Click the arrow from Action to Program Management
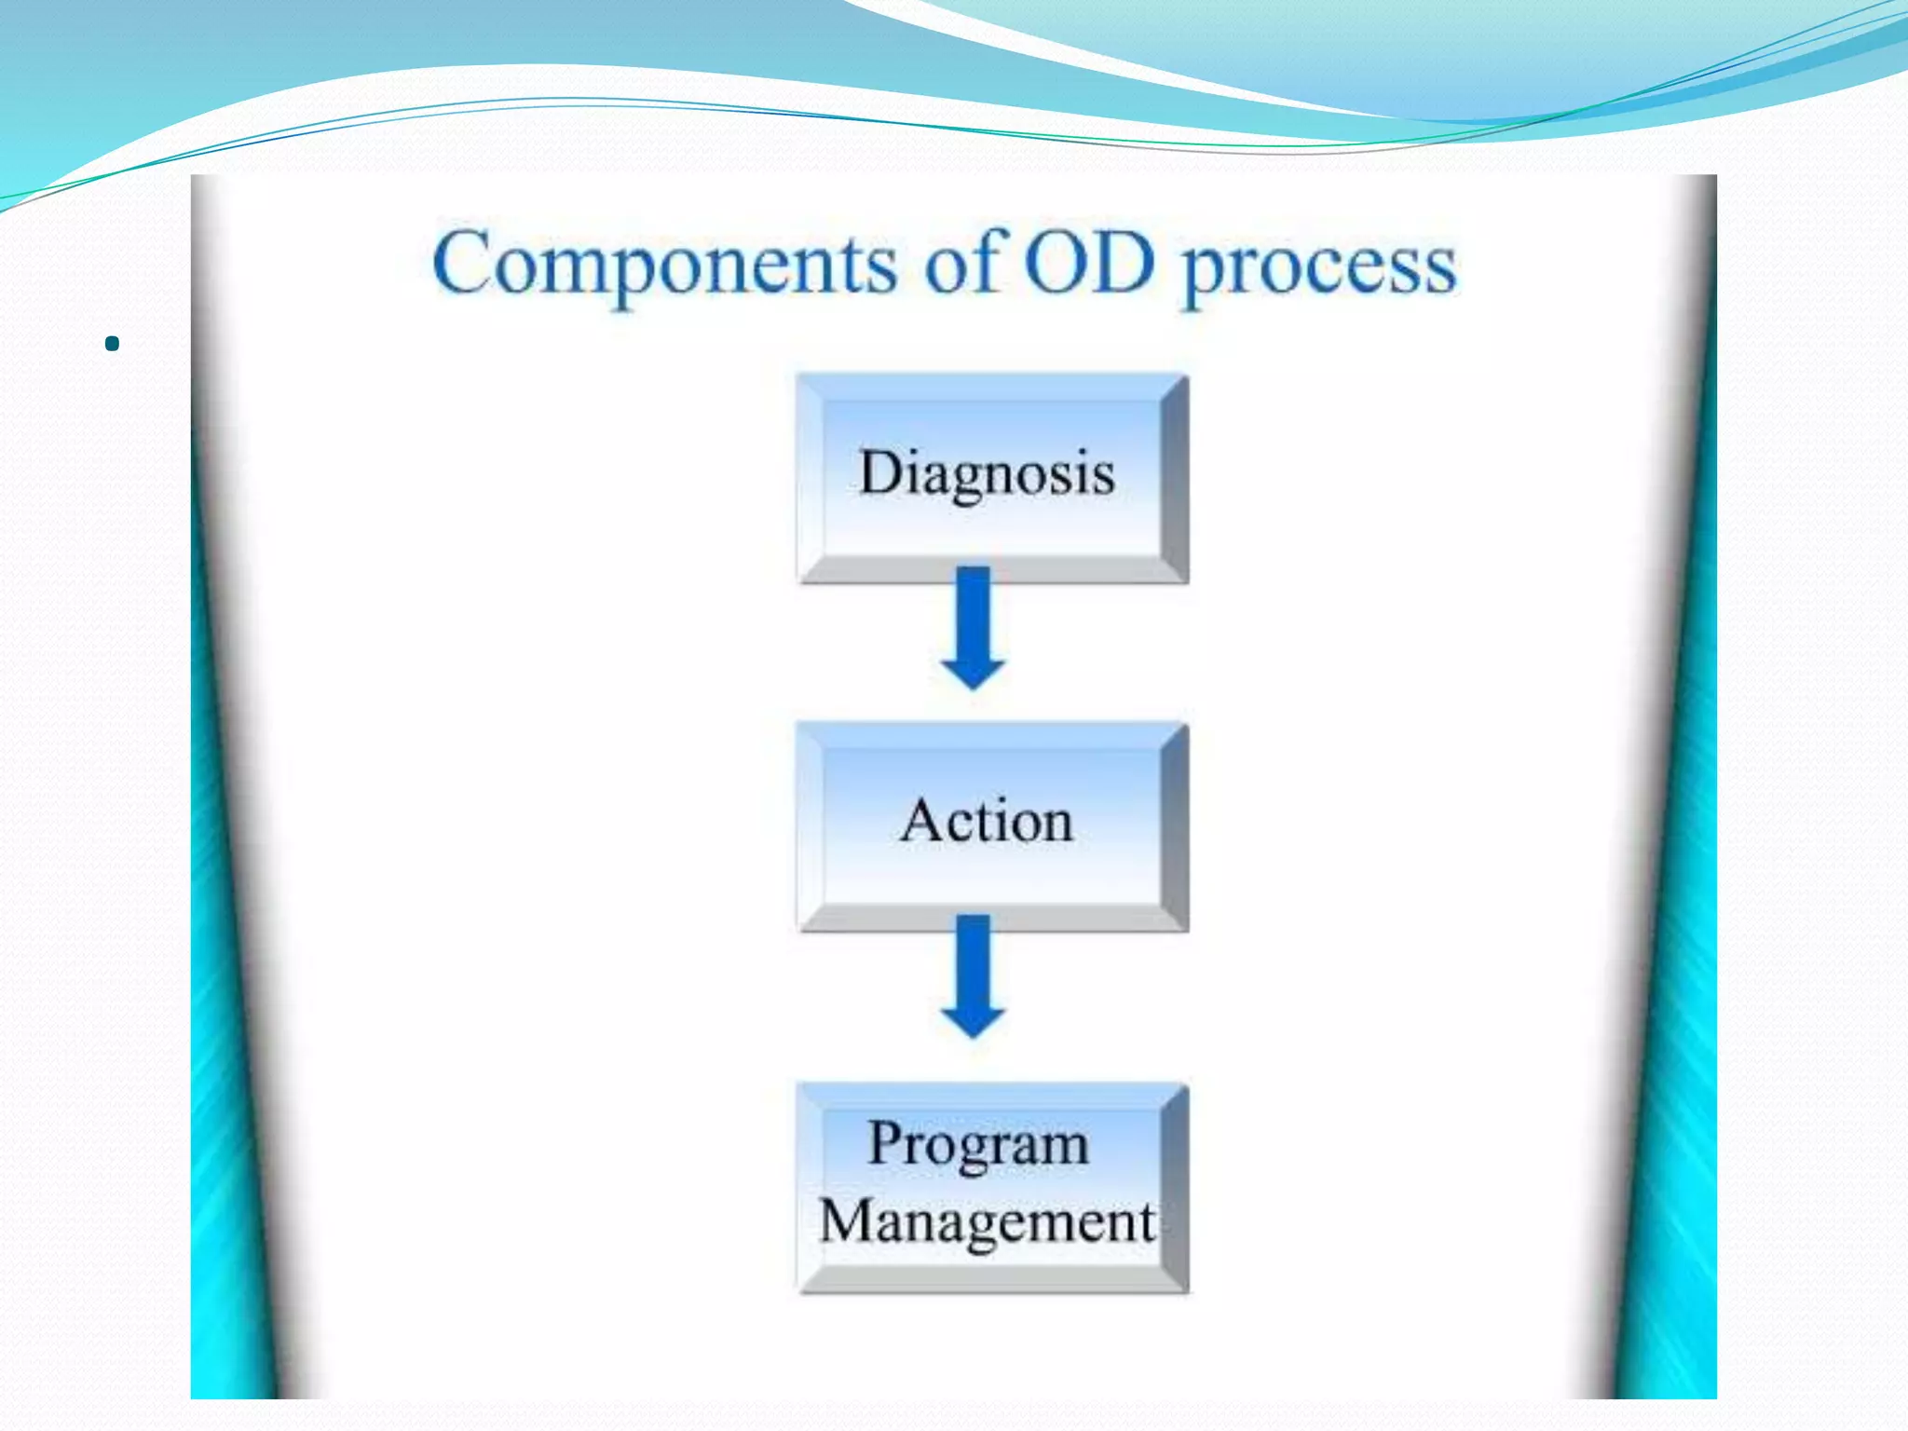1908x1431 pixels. pyautogui.click(x=973, y=974)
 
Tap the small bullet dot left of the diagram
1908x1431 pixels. pyautogui.click(x=113, y=344)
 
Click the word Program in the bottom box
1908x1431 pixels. pyautogui.click(x=977, y=1143)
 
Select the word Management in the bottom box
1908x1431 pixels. pyautogui.click(x=987, y=1221)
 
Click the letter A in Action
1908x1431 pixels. pyautogui.click(x=921, y=821)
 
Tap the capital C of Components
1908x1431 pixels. pyautogui.click(x=462, y=264)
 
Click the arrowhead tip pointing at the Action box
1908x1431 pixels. pyautogui.click(x=973, y=688)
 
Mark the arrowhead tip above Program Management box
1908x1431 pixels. pyautogui.click(x=973, y=1036)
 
